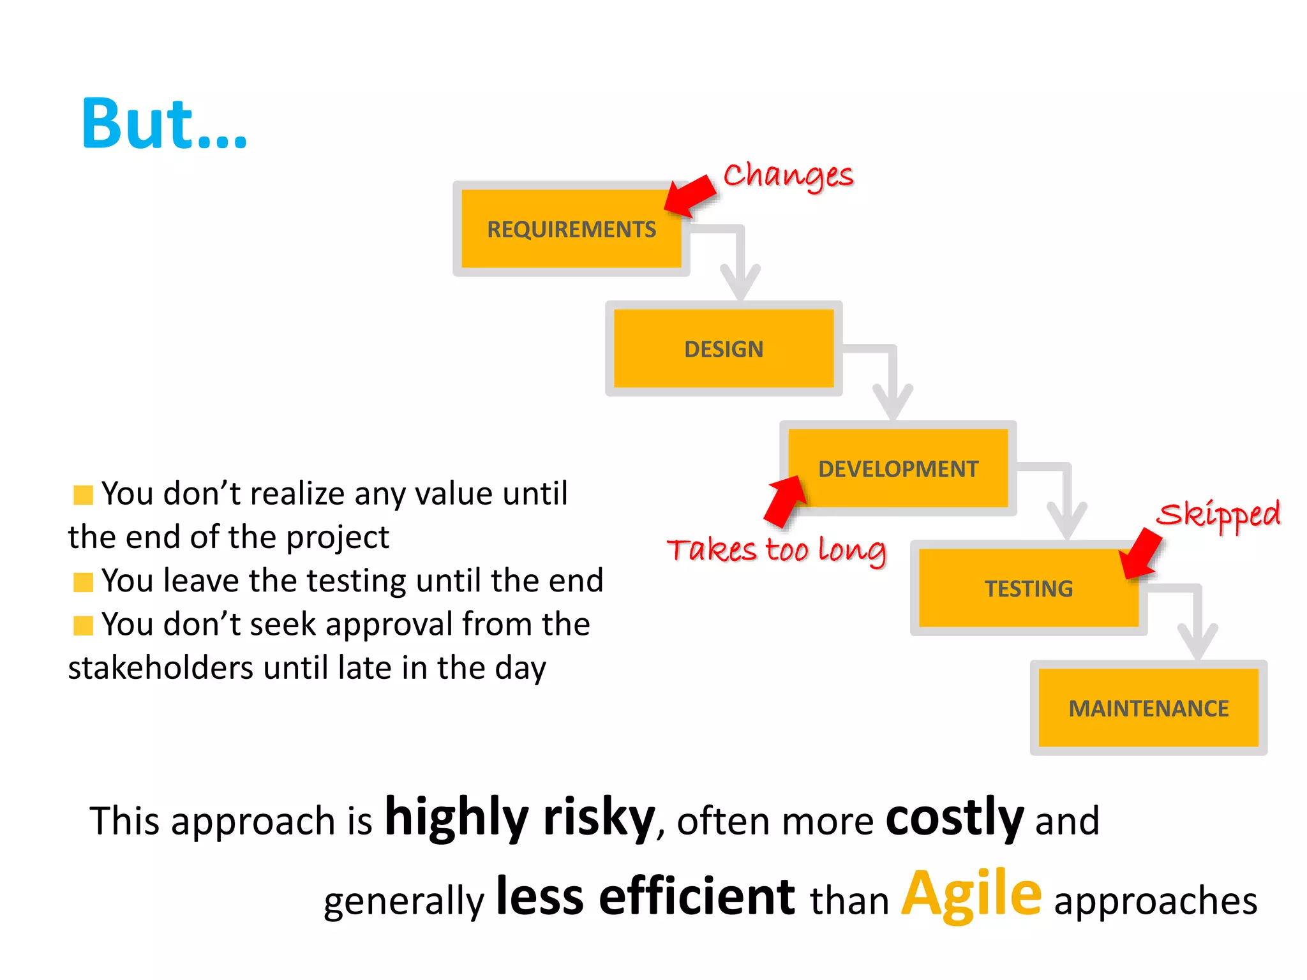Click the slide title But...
click(x=164, y=124)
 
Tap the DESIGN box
click(x=724, y=349)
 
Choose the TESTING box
click(x=1028, y=588)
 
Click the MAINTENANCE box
click(x=1148, y=708)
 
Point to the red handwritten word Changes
click(x=788, y=175)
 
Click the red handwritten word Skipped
click(x=1218, y=514)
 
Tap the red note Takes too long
click(x=776, y=550)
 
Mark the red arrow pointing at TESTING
click(x=1142, y=552)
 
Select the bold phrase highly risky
click(x=520, y=817)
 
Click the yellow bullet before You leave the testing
click(x=83, y=582)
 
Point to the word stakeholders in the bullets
click(x=161, y=668)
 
